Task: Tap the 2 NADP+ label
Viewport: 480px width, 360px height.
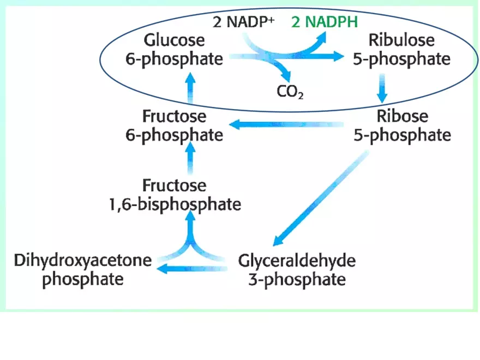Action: coord(242,23)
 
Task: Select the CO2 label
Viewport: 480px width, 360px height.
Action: coord(290,91)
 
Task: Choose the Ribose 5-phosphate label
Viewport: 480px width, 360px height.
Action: coord(403,125)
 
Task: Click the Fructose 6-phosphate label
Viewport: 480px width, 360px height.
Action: coord(175,125)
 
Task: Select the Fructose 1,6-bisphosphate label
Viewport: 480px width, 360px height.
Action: coord(175,195)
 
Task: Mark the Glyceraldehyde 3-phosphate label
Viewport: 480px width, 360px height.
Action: coord(297,269)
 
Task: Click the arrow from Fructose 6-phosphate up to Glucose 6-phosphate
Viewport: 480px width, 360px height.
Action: coord(190,88)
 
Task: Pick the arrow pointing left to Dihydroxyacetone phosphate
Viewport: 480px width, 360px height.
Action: coord(191,268)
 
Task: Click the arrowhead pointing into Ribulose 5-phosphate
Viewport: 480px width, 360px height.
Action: coord(338,56)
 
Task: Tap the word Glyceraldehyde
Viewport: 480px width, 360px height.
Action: coord(297,260)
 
